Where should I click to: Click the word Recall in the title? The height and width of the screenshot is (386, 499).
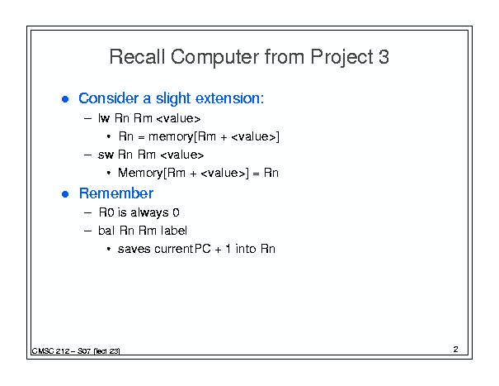click(x=137, y=57)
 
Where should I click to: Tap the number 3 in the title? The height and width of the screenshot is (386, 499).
click(x=384, y=57)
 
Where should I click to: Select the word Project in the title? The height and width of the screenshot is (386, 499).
click(x=341, y=57)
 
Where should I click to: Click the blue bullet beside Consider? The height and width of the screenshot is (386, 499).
click(x=65, y=99)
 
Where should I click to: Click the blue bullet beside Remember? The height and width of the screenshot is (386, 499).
click(x=65, y=194)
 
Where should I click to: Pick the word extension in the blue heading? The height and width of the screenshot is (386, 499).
click(x=229, y=98)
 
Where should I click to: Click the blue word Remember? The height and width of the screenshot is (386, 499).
click(x=116, y=193)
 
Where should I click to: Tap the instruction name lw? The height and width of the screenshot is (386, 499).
click(x=104, y=118)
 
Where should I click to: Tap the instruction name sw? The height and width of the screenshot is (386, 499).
click(x=106, y=155)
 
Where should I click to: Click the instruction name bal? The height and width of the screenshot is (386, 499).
click(x=106, y=231)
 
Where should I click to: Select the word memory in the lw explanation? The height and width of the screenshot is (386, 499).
click(x=171, y=137)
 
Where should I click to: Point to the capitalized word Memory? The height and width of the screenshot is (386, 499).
click(x=140, y=173)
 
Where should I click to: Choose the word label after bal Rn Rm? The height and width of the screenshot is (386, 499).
click(x=174, y=231)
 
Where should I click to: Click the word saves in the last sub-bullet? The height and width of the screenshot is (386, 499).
click(x=134, y=249)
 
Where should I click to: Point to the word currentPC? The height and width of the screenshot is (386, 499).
click(x=182, y=249)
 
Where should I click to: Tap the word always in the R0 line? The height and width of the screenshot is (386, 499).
click(x=149, y=212)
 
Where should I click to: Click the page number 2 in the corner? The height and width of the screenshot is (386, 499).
click(x=456, y=350)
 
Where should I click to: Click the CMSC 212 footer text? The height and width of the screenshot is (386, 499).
click(x=76, y=351)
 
